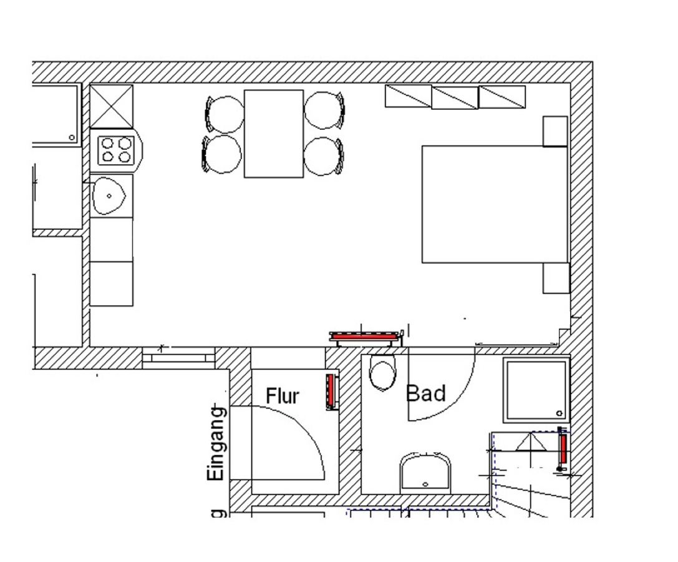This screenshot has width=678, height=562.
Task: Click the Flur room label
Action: [x=283, y=396]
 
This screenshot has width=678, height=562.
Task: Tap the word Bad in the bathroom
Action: [x=426, y=393]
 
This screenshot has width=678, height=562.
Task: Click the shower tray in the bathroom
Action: [x=536, y=390]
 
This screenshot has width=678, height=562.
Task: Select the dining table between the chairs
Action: [x=273, y=134]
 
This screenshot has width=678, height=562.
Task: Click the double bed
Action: [x=495, y=204]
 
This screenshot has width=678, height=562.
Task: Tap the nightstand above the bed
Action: [x=555, y=131]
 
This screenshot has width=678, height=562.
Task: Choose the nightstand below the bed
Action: [x=556, y=278]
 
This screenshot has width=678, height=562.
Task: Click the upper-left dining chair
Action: [x=224, y=113]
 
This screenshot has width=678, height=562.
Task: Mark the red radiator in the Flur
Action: [x=331, y=392]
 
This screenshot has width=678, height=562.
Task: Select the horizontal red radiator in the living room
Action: [x=364, y=337]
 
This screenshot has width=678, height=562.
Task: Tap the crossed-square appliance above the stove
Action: [x=112, y=106]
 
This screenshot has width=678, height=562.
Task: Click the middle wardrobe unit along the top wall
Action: [x=455, y=97]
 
